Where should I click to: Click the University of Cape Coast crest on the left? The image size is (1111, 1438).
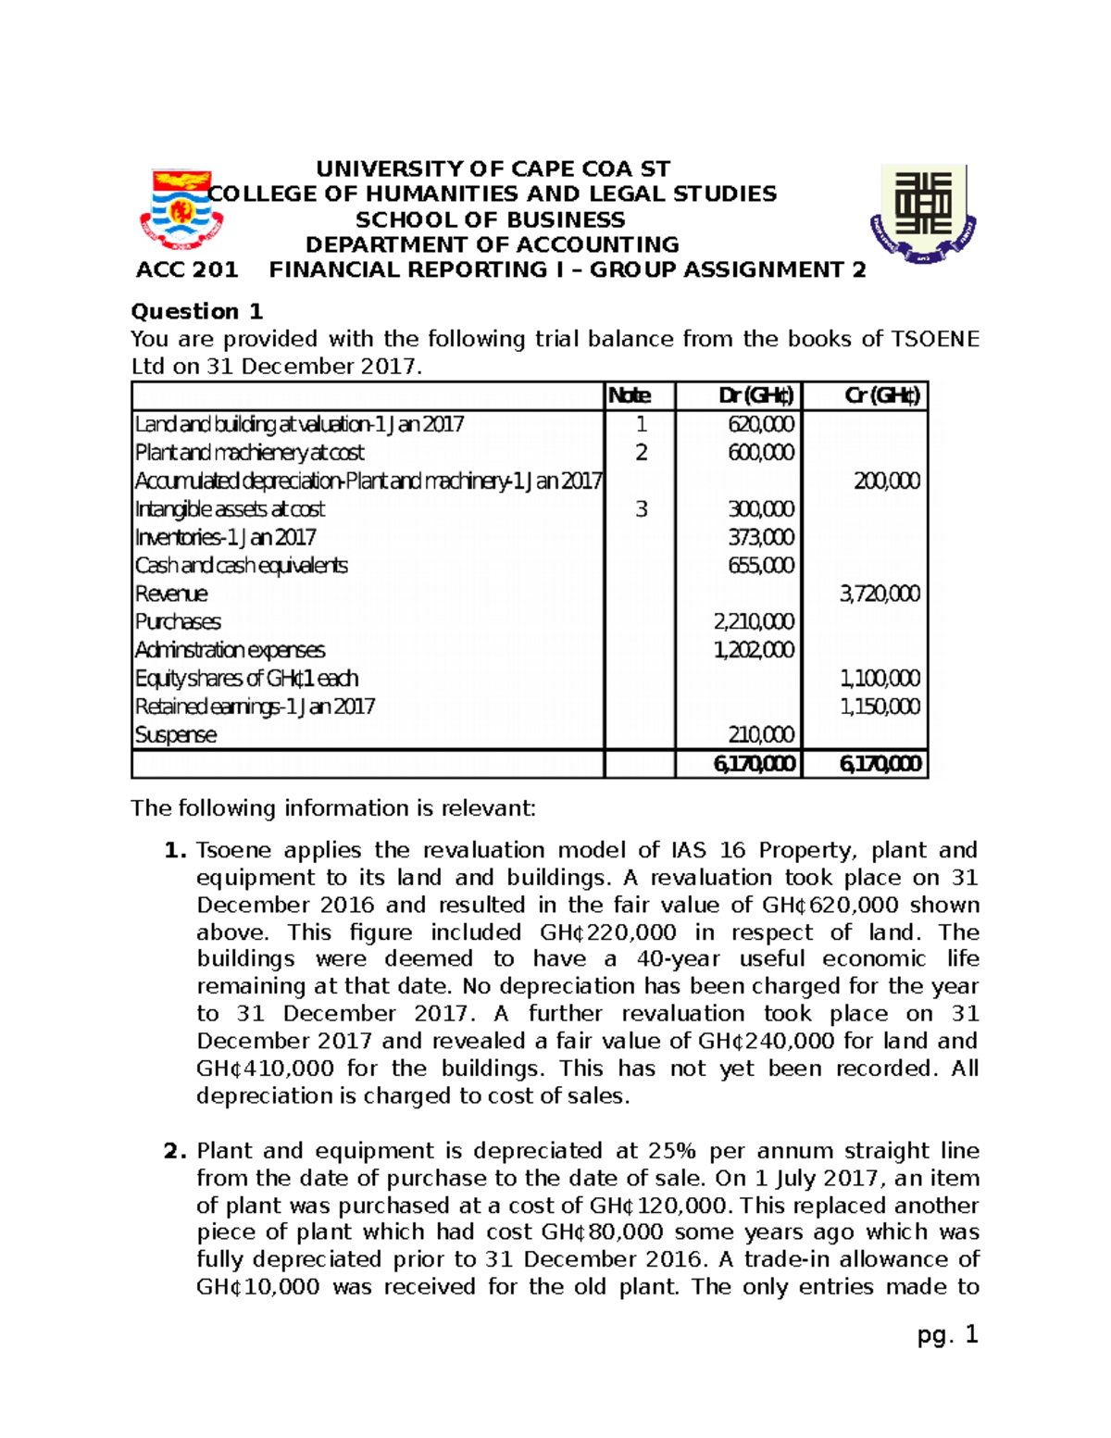[x=181, y=209]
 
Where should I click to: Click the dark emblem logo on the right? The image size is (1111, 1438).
[x=923, y=214]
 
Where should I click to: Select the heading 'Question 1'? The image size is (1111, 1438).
[x=197, y=311]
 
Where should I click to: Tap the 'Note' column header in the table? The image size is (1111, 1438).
[x=629, y=395]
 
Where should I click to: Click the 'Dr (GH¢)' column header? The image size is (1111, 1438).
[x=755, y=395]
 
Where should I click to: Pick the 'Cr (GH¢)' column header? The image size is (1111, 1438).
[x=881, y=395]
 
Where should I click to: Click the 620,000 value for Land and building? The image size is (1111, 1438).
[x=760, y=424]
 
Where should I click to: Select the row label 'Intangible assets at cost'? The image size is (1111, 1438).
[x=230, y=509]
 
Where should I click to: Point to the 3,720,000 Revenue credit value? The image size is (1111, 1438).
[x=879, y=594]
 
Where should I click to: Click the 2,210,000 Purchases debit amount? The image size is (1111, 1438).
[x=753, y=622]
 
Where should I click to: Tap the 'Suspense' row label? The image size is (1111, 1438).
[x=176, y=735]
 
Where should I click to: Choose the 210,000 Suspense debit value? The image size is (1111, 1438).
[x=760, y=735]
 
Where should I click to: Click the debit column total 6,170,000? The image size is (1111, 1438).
[x=753, y=764]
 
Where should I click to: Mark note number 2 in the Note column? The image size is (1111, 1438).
[x=641, y=453]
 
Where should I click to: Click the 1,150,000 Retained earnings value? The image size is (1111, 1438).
[x=879, y=707]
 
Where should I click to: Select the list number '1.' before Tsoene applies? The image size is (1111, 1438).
[x=176, y=851]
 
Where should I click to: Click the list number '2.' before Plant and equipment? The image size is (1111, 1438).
[x=176, y=1151]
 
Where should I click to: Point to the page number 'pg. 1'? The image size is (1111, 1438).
[x=947, y=1335]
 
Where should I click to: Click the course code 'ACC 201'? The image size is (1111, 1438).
[x=187, y=270]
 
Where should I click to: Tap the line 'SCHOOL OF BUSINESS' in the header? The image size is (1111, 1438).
[x=491, y=220]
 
